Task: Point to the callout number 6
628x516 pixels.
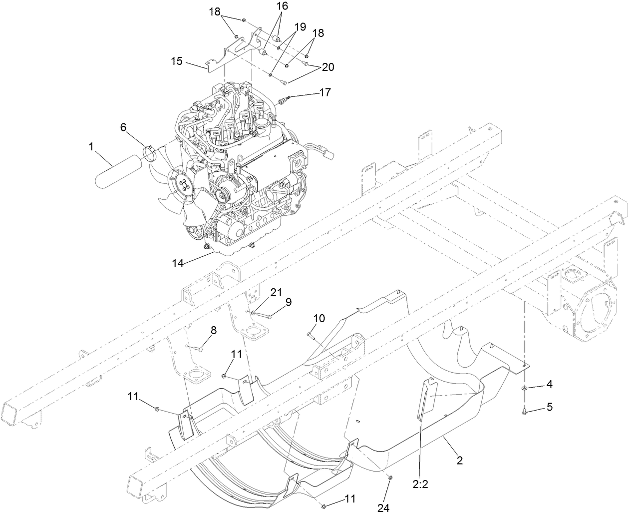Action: pyautogui.click(x=123, y=127)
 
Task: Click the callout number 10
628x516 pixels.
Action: pyautogui.click(x=319, y=318)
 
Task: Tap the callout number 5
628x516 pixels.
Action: pyautogui.click(x=549, y=407)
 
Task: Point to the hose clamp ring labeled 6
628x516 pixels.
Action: pyautogui.click(x=148, y=153)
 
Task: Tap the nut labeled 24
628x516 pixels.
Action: pyautogui.click(x=390, y=479)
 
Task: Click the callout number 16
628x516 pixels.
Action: pyautogui.click(x=282, y=6)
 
